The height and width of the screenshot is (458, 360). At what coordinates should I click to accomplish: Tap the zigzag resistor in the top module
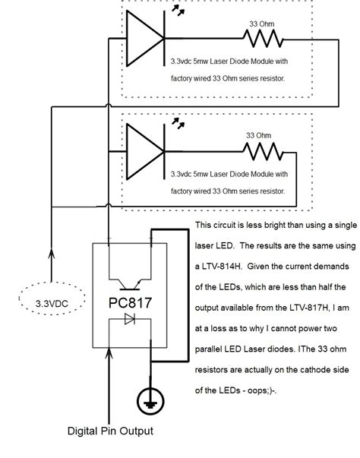click(262, 39)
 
